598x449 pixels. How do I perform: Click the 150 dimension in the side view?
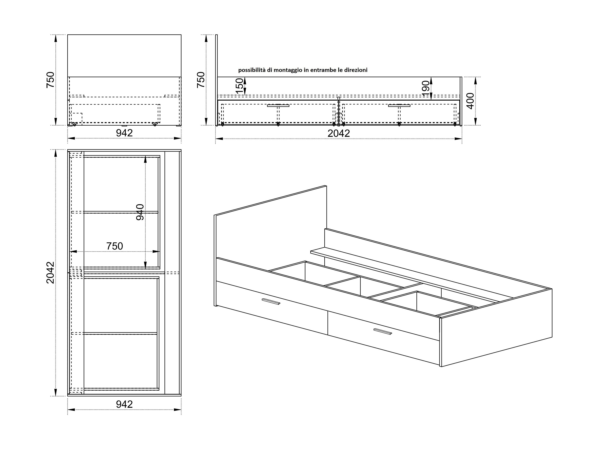(240, 86)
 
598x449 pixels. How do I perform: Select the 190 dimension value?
(426, 88)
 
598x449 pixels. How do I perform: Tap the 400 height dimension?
(470, 101)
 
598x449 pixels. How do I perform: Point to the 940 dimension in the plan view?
(140, 212)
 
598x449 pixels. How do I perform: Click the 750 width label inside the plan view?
(115, 246)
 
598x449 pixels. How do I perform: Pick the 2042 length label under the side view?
(339, 133)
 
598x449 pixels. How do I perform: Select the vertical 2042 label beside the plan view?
(51, 272)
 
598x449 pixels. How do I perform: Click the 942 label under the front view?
(124, 133)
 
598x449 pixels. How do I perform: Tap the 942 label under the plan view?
(124, 404)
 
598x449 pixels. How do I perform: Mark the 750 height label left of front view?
(51, 80)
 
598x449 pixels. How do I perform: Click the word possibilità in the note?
(251, 70)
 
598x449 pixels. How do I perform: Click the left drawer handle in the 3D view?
(271, 302)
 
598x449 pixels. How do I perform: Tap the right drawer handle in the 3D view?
(382, 331)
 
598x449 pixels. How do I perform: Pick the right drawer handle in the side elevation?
(399, 105)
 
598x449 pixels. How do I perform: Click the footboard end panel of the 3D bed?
(496, 327)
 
